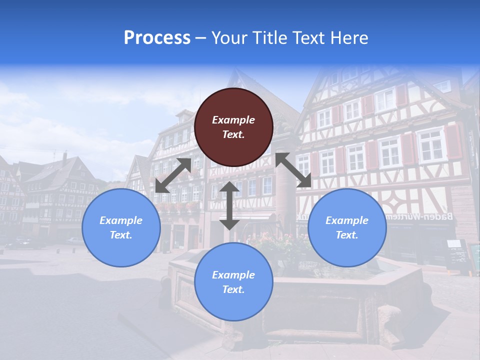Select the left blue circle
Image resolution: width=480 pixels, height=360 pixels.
121,227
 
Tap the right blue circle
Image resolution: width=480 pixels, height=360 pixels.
347,227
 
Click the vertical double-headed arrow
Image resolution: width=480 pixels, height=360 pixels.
229,205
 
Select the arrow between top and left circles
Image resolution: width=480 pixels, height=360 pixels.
173,175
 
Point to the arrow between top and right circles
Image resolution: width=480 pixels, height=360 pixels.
293,170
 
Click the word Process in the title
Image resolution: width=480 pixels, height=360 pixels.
157,37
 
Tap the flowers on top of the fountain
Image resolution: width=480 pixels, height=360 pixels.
280,243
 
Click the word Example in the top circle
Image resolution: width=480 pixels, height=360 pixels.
233,120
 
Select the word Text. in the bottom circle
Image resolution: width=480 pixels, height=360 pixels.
233,289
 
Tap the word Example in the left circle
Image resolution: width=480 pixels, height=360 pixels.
121,220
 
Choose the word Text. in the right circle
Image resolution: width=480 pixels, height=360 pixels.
347,235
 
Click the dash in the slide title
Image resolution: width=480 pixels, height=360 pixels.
201,37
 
